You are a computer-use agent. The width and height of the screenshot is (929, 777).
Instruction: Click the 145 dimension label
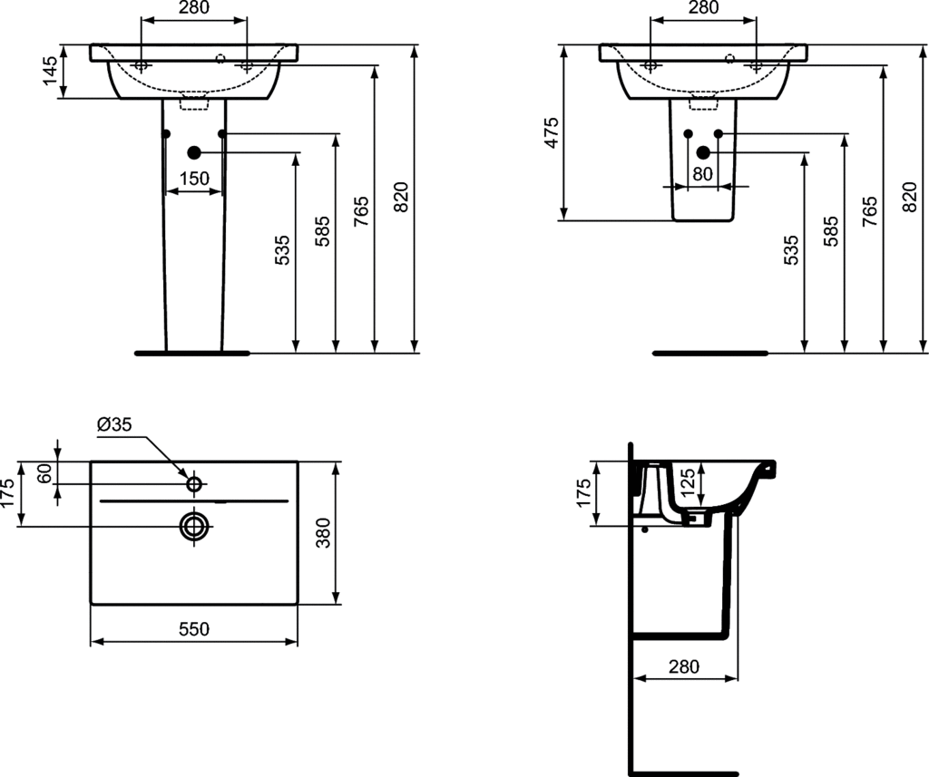(51, 71)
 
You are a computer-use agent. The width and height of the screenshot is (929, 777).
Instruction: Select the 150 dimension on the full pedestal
(193, 180)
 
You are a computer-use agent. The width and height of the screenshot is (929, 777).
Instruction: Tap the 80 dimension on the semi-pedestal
(703, 174)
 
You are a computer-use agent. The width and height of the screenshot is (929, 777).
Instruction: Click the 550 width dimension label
(193, 628)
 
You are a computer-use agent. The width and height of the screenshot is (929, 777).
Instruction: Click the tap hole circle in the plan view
(193, 484)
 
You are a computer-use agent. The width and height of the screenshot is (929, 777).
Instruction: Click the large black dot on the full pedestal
(193, 152)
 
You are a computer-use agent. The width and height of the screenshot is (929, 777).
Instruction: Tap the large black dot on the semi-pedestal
(702, 152)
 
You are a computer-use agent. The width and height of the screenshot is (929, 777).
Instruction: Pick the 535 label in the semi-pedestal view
(791, 249)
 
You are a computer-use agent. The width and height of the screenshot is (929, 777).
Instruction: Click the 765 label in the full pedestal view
(361, 210)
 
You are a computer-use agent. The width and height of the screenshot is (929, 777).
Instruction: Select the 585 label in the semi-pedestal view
(831, 231)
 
